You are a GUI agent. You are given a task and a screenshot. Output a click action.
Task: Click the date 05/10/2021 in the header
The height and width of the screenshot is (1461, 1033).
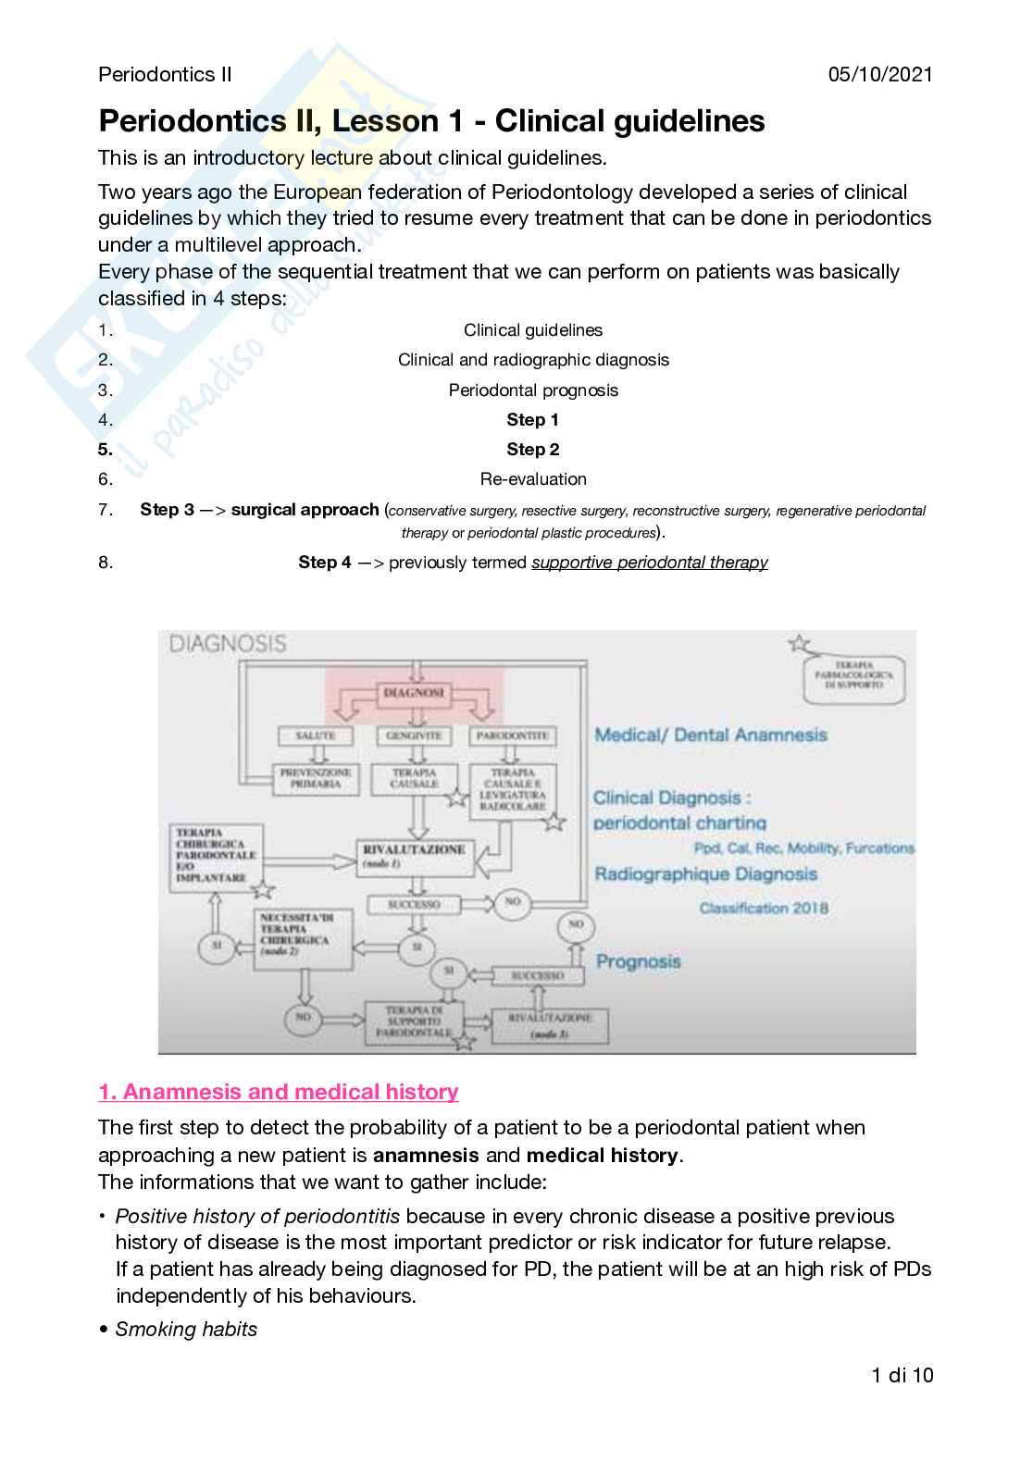coord(880,75)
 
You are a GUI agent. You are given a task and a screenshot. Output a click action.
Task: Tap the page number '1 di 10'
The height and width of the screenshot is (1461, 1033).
coord(902,1375)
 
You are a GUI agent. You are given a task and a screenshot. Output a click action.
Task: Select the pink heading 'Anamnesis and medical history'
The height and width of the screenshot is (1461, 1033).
coord(279,1092)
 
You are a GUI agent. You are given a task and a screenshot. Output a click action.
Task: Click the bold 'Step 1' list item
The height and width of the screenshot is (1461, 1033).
coord(532,420)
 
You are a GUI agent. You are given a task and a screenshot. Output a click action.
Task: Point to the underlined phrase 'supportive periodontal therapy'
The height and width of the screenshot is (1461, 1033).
coord(649,563)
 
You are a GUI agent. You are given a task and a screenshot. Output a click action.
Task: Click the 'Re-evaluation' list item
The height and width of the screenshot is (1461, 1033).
coord(532,479)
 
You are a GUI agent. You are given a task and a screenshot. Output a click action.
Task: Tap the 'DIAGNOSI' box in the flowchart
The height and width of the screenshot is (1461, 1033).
coord(414,693)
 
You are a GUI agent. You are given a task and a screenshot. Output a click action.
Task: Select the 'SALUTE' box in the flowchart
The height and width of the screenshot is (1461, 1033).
coord(315,736)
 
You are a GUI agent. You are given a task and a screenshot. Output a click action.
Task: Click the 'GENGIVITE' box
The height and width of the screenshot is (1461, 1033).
coord(414,736)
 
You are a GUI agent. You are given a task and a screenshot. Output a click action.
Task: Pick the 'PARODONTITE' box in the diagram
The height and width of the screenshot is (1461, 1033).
coord(514,736)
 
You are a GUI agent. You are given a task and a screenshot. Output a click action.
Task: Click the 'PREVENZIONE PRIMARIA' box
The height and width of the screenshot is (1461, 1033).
coord(316,778)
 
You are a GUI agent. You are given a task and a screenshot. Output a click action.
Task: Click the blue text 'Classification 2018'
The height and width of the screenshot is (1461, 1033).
coord(764,909)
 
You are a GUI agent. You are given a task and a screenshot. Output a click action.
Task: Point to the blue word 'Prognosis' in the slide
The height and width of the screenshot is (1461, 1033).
coord(638,961)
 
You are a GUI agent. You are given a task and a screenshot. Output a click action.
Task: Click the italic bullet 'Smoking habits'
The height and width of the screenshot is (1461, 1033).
coord(186,1330)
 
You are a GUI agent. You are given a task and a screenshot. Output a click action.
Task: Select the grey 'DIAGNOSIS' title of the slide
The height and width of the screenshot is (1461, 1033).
coord(228,643)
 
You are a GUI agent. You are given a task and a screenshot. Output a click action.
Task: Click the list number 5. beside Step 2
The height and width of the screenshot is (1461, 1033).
coord(106,450)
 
